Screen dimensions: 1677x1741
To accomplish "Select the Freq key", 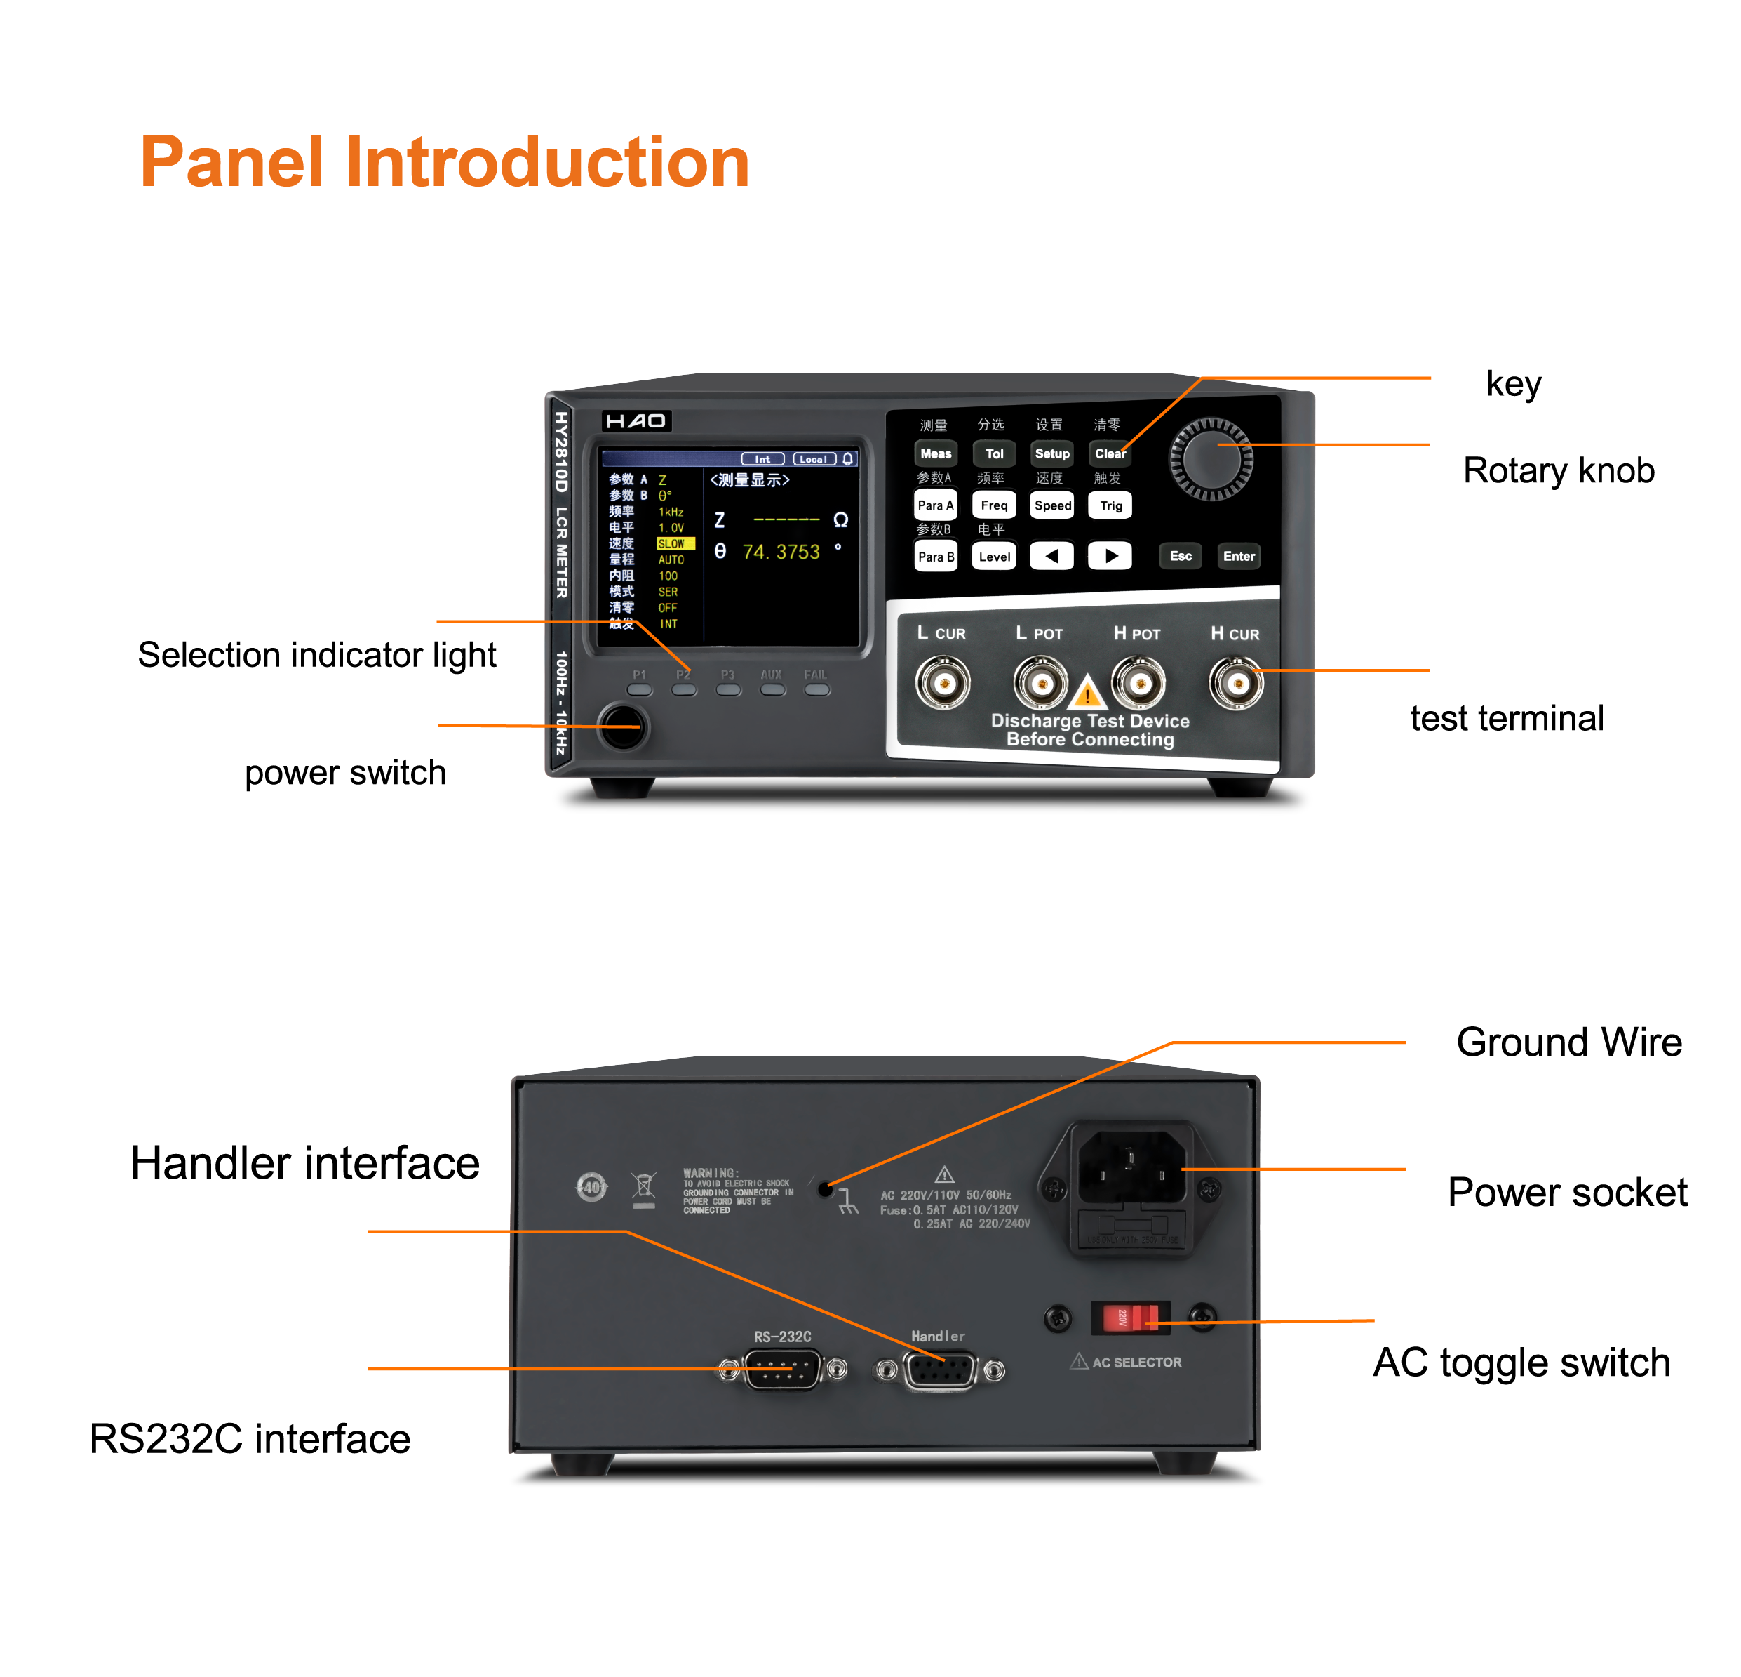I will coord(994,505).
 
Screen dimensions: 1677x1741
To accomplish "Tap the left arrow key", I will coord(1051,557).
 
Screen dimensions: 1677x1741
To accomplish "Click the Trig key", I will coord(1110,505).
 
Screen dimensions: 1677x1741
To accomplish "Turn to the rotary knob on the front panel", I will coord(1211,458).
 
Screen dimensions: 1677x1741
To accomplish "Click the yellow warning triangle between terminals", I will coord(1087,692).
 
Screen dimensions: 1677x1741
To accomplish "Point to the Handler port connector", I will coord(940,1370).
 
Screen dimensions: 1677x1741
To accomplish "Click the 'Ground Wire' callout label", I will coord(1568,1042).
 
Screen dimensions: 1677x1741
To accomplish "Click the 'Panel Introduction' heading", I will coord(445,163).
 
